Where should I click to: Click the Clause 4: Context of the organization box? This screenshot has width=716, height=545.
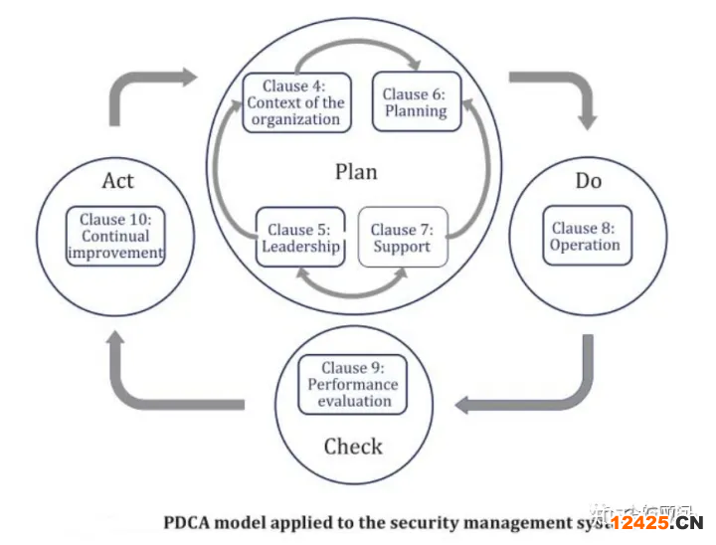click(x=295, y=102)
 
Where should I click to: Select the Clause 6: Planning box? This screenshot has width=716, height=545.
click(x=416, y=102)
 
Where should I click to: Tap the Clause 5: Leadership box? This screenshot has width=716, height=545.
click(x=300, y=238)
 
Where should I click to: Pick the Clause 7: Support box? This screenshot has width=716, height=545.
click(x=402, y=238)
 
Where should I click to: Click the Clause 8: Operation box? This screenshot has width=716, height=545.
click(x=585, y=237)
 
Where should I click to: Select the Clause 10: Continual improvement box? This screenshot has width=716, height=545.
click(x=114, y=237)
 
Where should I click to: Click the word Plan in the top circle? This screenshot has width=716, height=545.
click(x=355, y=172)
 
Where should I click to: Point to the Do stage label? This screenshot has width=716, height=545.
click(x=589, y=181)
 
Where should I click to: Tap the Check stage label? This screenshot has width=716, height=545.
click(x=353, y=446)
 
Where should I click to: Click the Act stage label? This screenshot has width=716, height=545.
click(x=117, y=181)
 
